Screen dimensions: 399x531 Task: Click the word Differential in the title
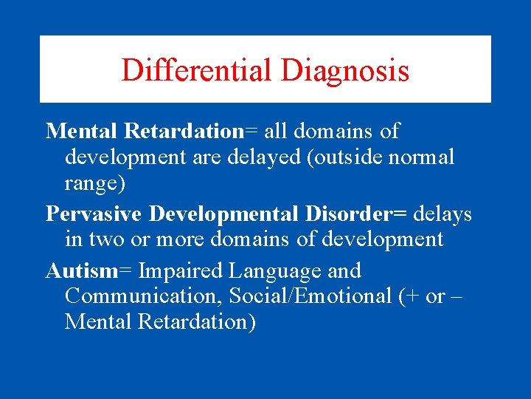197,70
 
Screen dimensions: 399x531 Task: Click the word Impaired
174,271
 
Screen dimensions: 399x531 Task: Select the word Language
263,271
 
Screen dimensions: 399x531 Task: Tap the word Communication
144,296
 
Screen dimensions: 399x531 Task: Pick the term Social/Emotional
315,296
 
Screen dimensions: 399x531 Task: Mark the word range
91,182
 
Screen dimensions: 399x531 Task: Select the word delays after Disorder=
442,214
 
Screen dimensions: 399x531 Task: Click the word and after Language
341,271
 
